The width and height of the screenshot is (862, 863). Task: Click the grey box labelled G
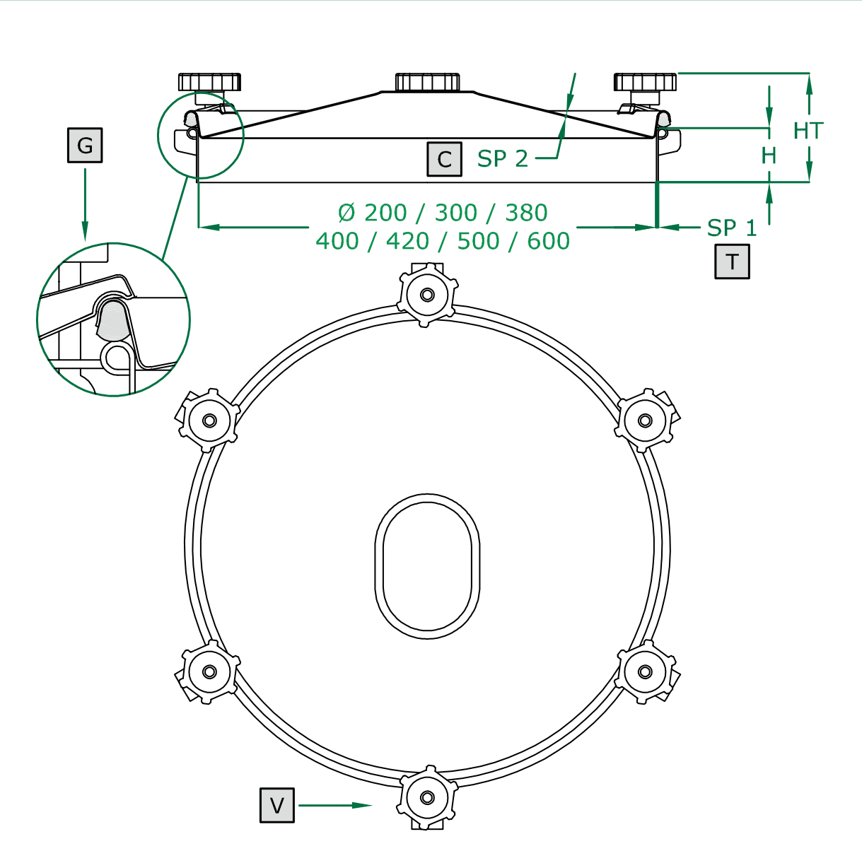(x=85, y=145)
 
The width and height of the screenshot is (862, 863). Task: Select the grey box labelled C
(x=444, y=159)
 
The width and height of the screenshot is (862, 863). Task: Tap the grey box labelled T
(x=732, y=262)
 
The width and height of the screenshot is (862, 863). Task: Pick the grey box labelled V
(x=277, y=805)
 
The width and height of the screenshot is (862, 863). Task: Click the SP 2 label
(x=503, y=158)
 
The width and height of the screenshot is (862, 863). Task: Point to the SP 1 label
(x=732, y=228)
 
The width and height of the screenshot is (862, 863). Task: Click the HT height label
(x=808, y=131)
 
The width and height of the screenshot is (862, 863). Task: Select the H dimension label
(x=769, y=156)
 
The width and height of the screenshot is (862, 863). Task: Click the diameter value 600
(x=548, y=241)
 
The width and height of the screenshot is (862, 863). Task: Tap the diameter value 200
(x=385, y=212)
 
